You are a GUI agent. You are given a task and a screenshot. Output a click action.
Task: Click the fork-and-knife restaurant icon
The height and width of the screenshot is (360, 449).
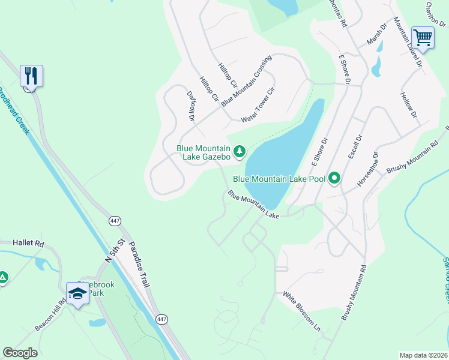pos(31,76)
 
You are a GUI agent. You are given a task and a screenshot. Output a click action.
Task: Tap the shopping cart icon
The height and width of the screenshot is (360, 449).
pos(423,38)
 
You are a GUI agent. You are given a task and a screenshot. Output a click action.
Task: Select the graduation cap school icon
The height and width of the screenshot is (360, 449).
pos(77,293)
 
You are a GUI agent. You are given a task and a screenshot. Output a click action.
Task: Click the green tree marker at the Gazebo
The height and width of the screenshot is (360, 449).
pos(240,150)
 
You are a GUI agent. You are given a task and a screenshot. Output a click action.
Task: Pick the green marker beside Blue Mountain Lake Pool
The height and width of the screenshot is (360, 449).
pos(334,178)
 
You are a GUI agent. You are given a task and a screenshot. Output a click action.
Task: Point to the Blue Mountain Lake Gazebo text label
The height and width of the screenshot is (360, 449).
pos(203,152)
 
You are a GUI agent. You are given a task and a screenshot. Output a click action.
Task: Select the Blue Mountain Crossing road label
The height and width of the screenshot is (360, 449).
pos(246,81)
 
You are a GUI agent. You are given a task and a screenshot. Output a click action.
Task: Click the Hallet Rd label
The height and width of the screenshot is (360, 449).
pos(29,244)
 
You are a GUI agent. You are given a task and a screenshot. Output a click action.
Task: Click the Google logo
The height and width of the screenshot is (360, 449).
pos(20,353)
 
